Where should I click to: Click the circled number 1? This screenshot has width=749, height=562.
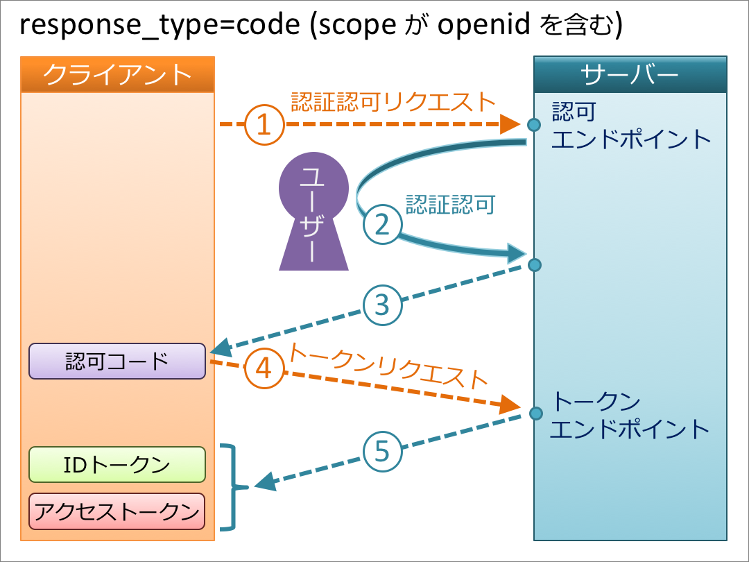pos(264,125)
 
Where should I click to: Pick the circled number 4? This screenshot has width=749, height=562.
pos(264,368)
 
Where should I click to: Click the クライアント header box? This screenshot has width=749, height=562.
pos(118,74)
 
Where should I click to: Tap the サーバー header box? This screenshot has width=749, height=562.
pos(630,74)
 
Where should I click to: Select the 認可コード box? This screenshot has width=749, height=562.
pos(117,361)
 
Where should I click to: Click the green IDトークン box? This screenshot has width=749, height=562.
pos(117,465)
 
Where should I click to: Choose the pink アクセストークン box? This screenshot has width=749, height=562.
pos(117,511)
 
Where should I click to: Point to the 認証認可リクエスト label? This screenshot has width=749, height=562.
pos(393,102)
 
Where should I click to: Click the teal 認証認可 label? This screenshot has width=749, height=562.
pos(451,205)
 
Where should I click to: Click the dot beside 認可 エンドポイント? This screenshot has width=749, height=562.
pos(533,125)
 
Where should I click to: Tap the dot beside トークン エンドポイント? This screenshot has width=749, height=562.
pos(535,414)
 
